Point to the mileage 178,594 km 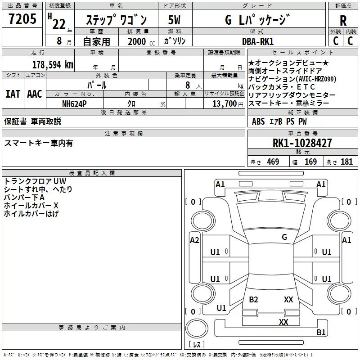click(x=53, y=64)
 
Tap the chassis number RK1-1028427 click(x=302, y=143)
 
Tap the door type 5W click(x=175, y=20)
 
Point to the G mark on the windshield click(x=284, y=237)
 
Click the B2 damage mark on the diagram click(x=253, y=299)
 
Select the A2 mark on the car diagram click(x=194, y=240)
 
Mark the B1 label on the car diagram click(x=321, y=333)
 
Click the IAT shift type click(x=13, y=94)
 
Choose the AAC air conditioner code click(x=35, y=94)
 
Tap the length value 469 click(x=273, y=162)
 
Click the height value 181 click(x=347, y=162)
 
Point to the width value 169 click(x=310, y=162)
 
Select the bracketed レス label click(x=196, y=345)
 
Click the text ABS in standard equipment click(x=258, y=121)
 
